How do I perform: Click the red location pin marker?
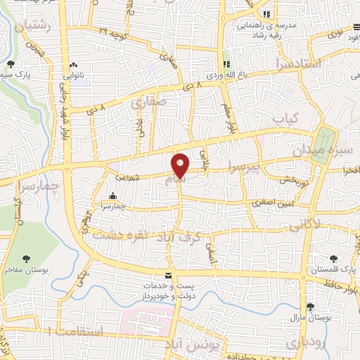181,165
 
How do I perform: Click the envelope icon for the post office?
167,275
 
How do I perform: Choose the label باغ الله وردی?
227,72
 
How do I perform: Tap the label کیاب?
285,117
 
